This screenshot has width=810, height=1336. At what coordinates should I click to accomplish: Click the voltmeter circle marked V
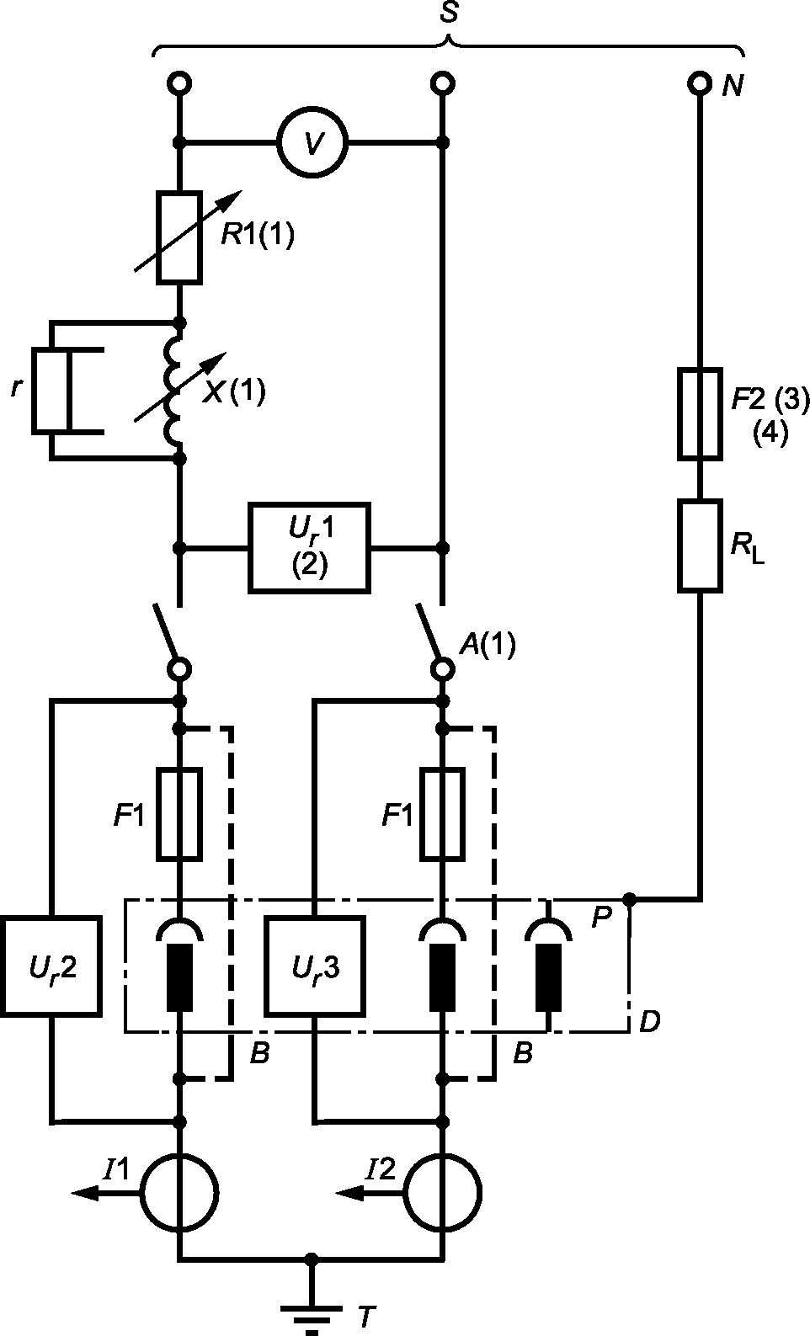(x=312, y=142)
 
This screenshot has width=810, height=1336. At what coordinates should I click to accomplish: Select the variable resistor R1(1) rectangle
(x=179, y=236)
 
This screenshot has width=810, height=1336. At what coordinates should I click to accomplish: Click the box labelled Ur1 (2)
(x=309, y=547)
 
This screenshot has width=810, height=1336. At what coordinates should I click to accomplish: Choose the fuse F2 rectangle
(x=701, y=413)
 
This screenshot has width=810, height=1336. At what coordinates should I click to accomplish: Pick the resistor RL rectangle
(x=701, y=546)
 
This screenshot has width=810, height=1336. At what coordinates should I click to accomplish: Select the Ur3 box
(x=315, y=967)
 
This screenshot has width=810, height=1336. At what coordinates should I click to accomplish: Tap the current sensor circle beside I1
(x=179, y=1192)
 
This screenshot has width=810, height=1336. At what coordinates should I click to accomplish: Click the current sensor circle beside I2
(x=442, y=1192)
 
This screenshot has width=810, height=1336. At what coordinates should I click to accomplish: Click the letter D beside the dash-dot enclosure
(x=648, y=1021)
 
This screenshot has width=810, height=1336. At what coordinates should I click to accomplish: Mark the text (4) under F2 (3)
(x=769, y=433)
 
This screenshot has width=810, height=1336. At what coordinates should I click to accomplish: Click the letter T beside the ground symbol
(x=364, y=1316)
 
